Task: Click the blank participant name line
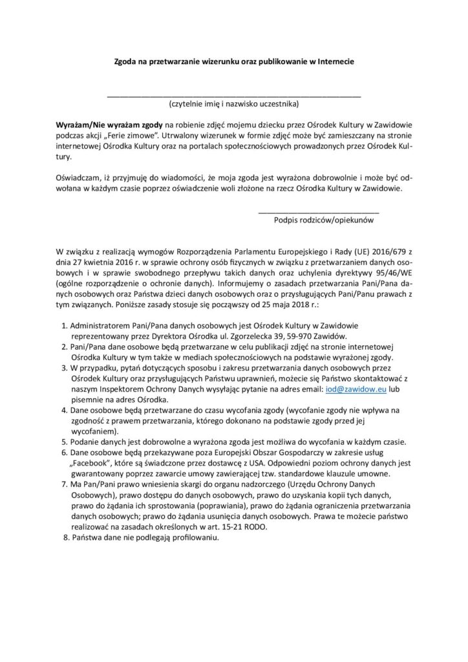coord(233,96)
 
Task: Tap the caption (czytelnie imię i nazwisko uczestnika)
coord(233,103)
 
